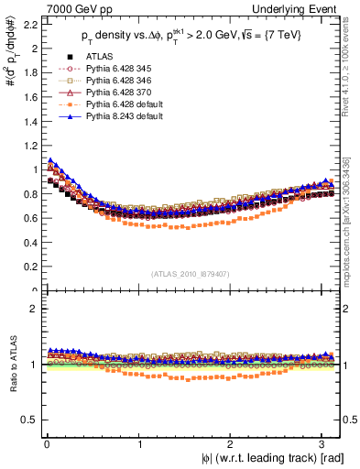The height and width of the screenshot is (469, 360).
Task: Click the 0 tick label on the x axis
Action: coord(46,442)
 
